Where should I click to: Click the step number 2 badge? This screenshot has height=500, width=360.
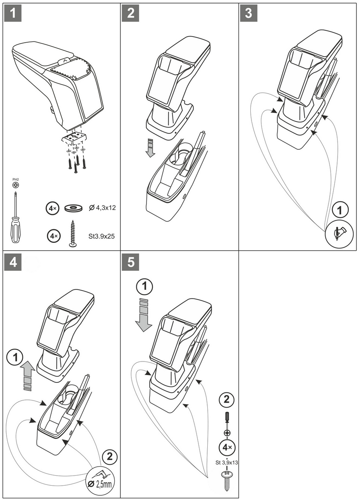(x=131, y=13)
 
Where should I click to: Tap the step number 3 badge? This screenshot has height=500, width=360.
(x=249, y=13)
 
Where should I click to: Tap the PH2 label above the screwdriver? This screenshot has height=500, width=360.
(x=16, y=179)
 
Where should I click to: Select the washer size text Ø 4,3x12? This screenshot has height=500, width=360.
(x=102, y=208)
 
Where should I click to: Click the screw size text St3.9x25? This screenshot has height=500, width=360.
(x=102, y=235)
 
